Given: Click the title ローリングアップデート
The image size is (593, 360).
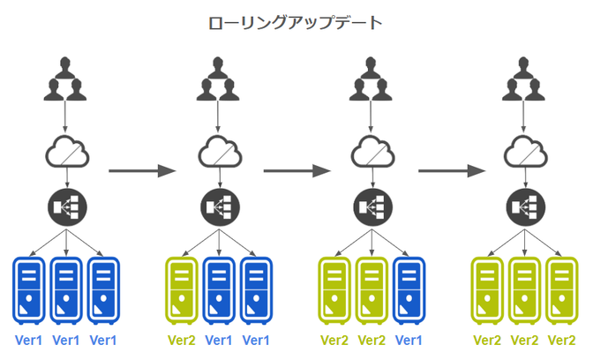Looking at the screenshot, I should tap(296, 23).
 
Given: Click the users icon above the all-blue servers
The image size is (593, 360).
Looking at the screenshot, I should tap(67, 79).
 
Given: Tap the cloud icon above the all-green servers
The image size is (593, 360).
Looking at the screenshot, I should tap(525, 151).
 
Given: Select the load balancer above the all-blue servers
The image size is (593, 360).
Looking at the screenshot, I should tap(67, 206).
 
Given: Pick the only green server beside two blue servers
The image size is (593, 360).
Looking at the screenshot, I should tap(182, 288).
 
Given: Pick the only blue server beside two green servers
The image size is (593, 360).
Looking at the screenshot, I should tap(408, 288).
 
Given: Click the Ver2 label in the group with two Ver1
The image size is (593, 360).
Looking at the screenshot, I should tap(182, 340).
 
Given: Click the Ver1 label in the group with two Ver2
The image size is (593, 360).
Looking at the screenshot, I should tap(408, 340).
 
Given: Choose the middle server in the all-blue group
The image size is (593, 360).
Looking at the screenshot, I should tap(67, 288).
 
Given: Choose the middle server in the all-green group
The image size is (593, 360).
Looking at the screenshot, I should tap(525, 288).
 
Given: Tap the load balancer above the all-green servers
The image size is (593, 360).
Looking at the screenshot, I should tap(525, 206).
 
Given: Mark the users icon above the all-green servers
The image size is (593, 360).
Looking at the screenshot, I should tap(525, 79).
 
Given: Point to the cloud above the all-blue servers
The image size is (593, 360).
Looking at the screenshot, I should tap(67, 151).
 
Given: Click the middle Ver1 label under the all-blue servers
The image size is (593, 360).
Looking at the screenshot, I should tap(67, 340).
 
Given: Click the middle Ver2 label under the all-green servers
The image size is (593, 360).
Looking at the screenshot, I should tap(525, 340).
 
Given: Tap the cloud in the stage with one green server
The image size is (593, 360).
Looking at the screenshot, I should tap(219, 151).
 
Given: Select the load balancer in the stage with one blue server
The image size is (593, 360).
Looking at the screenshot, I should tap(371, 206).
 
